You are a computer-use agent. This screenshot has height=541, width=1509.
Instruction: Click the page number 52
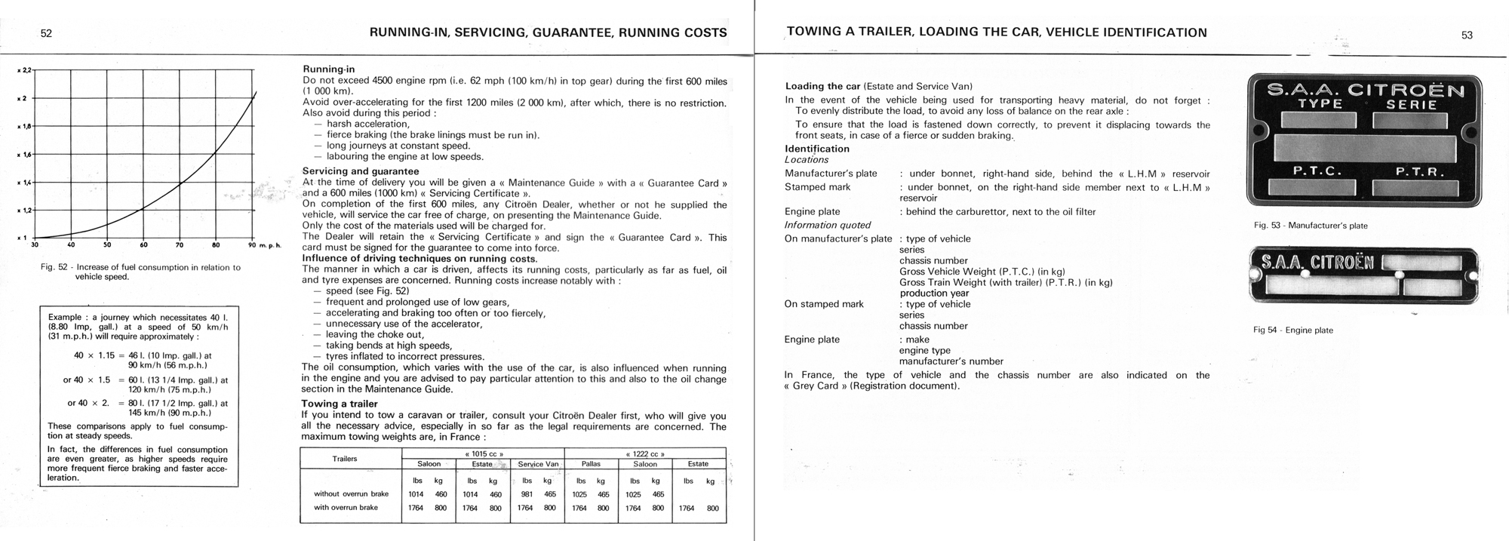(x=46, y=33)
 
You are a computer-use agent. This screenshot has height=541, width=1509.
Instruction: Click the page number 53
(x=1467, y=35)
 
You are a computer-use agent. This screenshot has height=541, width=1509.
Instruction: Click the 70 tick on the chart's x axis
(x=180, y=244)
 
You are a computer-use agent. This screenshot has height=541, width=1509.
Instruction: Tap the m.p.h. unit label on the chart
(x=269, y=246)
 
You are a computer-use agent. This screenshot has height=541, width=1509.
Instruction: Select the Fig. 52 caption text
(x=140, y=272)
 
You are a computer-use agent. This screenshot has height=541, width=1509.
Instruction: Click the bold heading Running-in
(x=328, y=69)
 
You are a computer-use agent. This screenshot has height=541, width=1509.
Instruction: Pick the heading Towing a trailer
(x=339, y=404)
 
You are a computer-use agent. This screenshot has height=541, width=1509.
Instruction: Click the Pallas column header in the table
(x=591, y=464)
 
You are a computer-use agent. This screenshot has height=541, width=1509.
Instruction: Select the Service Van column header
(x=538, y=464)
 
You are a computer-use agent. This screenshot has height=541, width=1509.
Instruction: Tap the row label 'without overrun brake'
(x=351, y=494)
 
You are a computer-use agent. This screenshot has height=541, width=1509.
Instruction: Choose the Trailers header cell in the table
(x=345, y=459)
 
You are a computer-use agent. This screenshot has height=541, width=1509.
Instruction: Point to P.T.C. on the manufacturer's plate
(x=1317, y=171)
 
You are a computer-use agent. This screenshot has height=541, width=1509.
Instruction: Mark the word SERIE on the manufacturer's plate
(x=1412, y=105)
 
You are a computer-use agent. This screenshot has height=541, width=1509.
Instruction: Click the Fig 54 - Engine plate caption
(x=1293, y=330)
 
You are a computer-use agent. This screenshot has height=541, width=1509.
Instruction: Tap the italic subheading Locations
(x=807, y=159)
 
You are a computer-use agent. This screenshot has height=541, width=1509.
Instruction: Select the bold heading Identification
(x=817, y=149)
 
